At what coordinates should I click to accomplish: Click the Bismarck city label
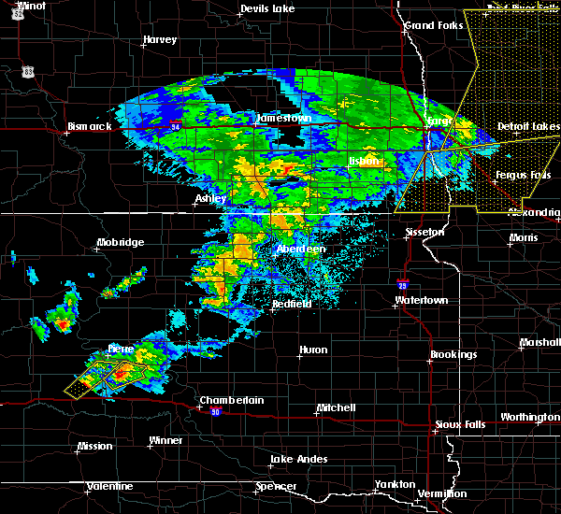(90, 126)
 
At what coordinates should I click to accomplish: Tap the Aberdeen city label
(300, 250)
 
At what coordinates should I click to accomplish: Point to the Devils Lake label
(266, 9)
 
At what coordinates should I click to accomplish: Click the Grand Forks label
(433, 25)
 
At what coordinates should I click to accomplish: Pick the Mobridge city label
(120, 243)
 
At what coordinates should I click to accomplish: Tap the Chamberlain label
(231, 400)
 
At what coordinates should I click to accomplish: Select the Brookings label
(453, 355)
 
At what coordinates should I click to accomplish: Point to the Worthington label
(530, 417)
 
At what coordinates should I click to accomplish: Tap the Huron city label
(313, 350)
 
